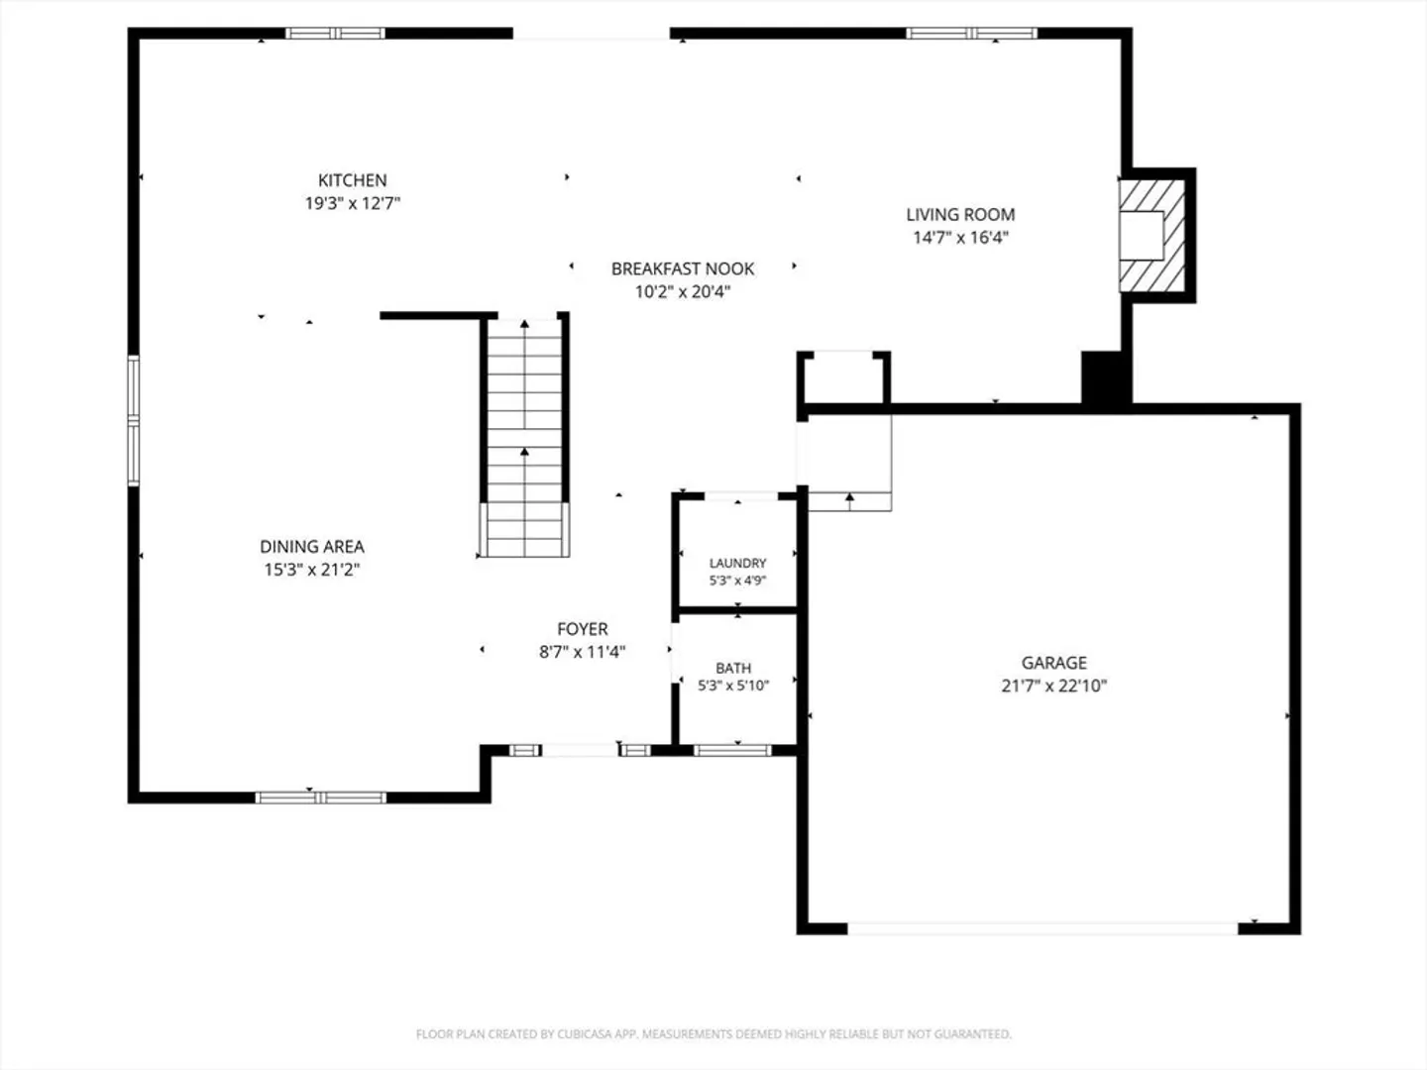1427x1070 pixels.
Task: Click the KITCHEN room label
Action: (x=353, y=180)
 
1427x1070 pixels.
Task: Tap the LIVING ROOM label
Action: (x=960, y=214)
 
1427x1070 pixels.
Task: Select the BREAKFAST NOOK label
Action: (x=683, y=268)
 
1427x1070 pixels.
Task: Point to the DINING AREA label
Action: (x=312, y=546)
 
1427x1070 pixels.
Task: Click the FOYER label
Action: (x=583, y=629)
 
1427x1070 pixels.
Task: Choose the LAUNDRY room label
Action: (x=737, y=564)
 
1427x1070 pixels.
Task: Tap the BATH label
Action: (x=733, y=668)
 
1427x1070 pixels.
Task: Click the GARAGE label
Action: (x=1053, y=663)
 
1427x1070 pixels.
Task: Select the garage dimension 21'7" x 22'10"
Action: (x=1053, y=686)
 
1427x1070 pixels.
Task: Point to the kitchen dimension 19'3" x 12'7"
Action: (x=353, y=203)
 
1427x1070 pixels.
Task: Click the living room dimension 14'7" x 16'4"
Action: (x=960, y=237)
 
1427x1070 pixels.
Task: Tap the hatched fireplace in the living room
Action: (x=1152, y=235)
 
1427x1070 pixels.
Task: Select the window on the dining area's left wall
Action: (x=133, y=420)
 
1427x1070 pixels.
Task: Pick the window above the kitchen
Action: (x=336, y=33)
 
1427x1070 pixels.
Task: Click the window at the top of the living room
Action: (x=971, y=33)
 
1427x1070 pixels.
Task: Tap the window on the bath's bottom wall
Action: (x=732, y=750)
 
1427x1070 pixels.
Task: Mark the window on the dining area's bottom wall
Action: (x=320, y=798)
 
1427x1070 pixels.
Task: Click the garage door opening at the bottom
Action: (x=1043, y=929)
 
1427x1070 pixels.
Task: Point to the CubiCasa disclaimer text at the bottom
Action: (x=713, y=1034)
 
